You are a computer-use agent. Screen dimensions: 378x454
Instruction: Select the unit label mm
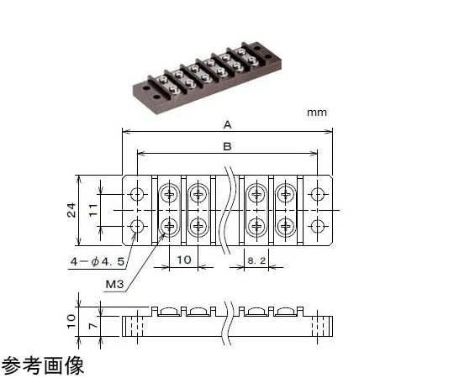point(316,112)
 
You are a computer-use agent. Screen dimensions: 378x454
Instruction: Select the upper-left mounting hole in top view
point(137,195)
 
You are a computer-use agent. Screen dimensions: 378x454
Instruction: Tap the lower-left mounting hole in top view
point(137,226)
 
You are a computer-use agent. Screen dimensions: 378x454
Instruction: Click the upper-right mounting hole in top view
point(317,195)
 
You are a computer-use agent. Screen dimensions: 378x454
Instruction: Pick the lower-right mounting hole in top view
point(317,226)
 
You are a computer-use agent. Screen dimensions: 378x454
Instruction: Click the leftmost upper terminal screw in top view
point(169,195)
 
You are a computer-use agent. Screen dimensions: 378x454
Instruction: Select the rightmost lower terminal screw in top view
point(286,226)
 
